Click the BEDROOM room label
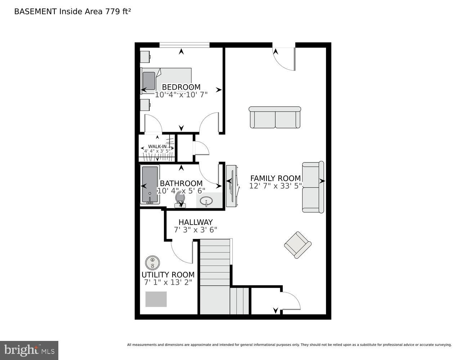tap(181, 87)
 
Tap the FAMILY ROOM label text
tap(275, 178)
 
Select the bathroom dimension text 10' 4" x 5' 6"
tap(181, 191)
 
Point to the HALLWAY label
tap(195, 222)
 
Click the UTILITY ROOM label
tap(168, 275)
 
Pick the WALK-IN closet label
tap(157, 147)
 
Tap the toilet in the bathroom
tap(180, 199)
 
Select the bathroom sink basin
tap(206, 202)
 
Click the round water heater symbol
tap(152, 262)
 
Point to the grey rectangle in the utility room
tap(156, 299)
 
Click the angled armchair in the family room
tap(297, 245)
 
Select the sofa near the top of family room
tap(275, 117)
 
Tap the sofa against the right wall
tap(313, 187)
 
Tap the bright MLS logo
tap(29, 350)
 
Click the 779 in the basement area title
tap(111, 11)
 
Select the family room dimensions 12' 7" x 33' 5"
tap(275, 186)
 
